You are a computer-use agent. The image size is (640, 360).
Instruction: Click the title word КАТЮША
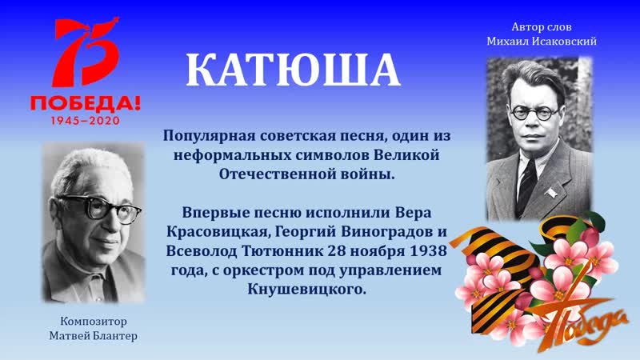point(293,70)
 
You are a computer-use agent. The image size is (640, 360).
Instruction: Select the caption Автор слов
point(542,26)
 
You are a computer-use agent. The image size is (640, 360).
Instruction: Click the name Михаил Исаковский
point(542,41)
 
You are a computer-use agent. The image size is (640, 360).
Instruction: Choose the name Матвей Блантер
point(92,335)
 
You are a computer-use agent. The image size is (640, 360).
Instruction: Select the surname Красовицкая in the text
point(215,233)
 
